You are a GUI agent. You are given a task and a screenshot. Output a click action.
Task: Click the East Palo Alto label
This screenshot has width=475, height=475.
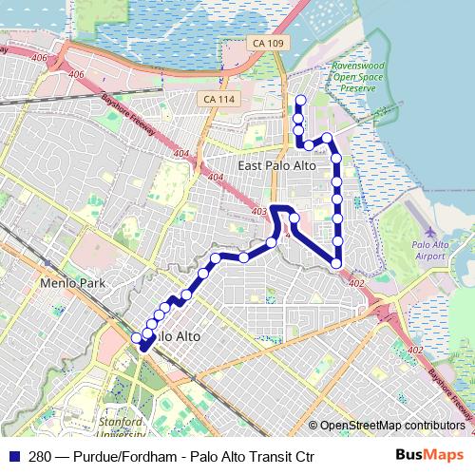pos(276,165)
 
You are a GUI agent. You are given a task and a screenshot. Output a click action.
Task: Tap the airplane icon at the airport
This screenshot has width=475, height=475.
pos(432,233)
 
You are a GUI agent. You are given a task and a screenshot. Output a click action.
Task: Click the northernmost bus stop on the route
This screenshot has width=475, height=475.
pos(300,101)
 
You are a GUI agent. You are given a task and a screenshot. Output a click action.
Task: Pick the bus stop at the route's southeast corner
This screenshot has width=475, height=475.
pos(337,263)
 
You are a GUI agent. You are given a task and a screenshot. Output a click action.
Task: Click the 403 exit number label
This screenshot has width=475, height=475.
pos(259,211)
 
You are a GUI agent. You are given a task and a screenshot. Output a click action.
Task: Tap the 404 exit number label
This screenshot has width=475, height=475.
pos(180,153)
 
